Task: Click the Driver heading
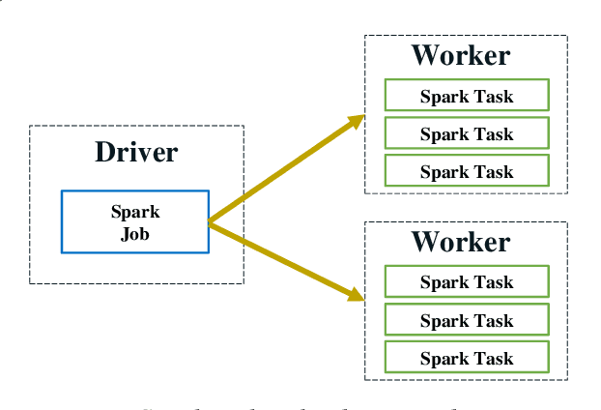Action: (x=136, y=152)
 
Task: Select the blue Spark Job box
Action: (x=135, y=221)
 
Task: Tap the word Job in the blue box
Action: (x=135, y=233)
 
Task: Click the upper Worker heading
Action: (x=461, y=55)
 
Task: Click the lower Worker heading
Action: (x=461, y=241)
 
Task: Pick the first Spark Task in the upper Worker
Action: (x=467, y=96)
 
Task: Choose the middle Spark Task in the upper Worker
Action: (x=467, y=133)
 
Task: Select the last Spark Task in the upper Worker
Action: (x=467, y=171)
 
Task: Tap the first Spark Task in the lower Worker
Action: (x=467, y=282)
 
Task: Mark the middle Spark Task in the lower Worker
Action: (x=467, y=320)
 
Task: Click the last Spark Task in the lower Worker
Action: (x=467, y=358)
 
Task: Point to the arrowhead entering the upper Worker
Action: (x=358, y=120)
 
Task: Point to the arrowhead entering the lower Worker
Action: (x=357, y=294)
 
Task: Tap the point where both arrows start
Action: (x=210, y=223)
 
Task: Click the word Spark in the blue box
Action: (x=135, y=212)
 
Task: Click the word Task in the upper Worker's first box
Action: (x=494, y=96)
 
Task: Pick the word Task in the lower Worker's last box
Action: (x=494, y=358)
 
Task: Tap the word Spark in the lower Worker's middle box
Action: (x=444, y=320)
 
